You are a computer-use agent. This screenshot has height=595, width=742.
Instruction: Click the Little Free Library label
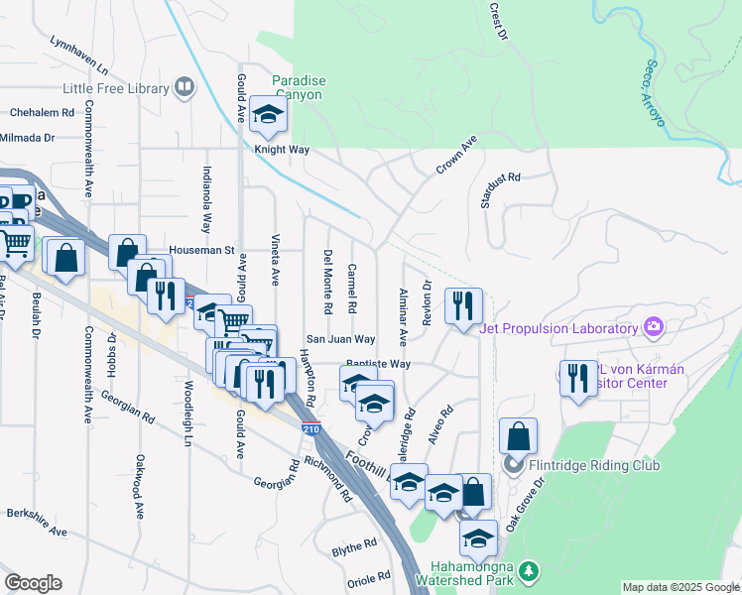point(116,88)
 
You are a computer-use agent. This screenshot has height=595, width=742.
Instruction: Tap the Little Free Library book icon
point(184,88)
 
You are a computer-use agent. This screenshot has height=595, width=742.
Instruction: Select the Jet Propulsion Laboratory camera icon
point(652,325)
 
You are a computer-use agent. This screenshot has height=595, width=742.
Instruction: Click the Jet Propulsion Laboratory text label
point(557,329)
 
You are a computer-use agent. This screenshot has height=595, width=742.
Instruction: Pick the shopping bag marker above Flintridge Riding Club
point(518,435)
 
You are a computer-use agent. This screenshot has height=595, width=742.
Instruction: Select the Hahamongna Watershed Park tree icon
point(531,570)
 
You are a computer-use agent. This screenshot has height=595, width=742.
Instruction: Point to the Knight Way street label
point(283,150)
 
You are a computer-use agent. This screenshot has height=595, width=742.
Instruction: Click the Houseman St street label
point(201,250)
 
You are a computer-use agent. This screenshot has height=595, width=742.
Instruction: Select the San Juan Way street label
point(339,338)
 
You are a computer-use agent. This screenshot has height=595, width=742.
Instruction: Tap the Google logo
point(33,582)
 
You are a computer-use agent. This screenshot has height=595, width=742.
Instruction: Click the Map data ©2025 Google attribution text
point(680,587)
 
